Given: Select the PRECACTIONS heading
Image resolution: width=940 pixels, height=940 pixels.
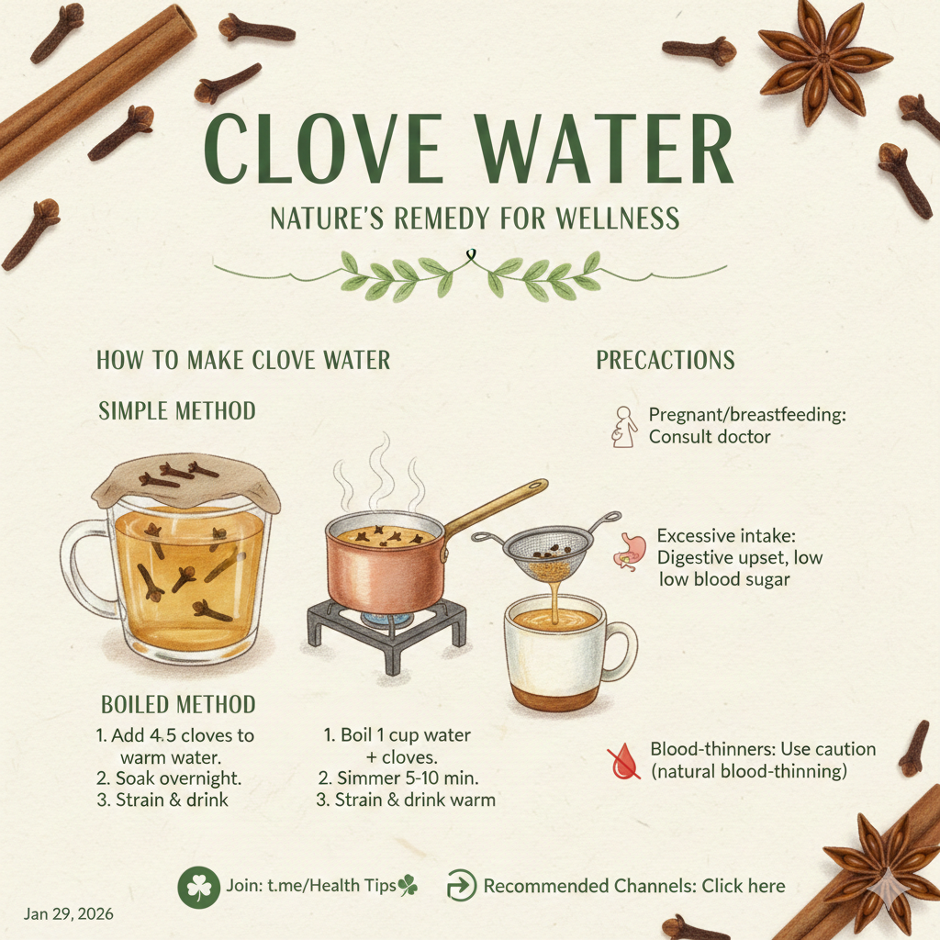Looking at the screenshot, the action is click(666, 360).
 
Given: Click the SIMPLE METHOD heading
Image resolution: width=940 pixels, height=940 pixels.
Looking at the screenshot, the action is click(177, 410).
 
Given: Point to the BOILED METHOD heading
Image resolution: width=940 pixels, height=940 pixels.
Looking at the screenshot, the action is click(178, 704).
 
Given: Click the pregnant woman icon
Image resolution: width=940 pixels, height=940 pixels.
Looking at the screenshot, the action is click(623, 427).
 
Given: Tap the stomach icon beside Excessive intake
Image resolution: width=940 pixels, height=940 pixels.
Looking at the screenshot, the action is click(629, 552).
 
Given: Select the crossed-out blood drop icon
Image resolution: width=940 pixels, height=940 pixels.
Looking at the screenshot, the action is click(623, 761).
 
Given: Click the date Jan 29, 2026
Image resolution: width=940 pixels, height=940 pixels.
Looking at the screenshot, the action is click(68, 913).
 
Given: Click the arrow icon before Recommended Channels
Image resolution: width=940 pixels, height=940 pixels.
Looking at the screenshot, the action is click(462, 886).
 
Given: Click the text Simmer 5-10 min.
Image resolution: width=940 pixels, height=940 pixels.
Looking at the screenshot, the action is click(398, 778).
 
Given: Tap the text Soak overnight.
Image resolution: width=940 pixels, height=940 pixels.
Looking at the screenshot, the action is click(169, 778).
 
